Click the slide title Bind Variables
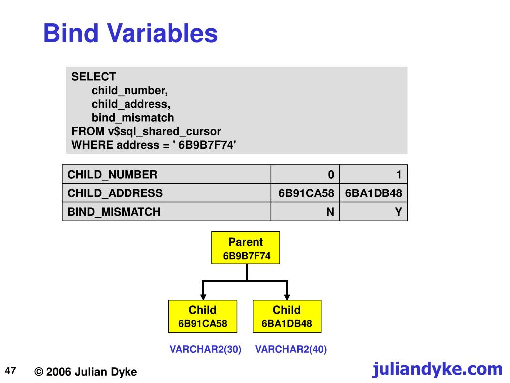(130, 34)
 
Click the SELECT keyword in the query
(93, 77)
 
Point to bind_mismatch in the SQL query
(132, 118)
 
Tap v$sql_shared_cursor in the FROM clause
(164, 131)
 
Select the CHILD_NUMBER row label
(112, 174)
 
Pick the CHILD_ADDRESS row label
(115, 193)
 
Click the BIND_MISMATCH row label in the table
(114, 212)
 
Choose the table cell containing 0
(305, 174)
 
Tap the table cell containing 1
(374, 174)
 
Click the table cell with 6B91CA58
(305, 193)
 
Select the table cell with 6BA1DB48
(374, 193)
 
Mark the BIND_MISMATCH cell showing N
(305, 212)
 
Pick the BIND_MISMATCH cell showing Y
(374, 212)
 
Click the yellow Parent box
(246, 248)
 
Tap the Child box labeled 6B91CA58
(203, 316)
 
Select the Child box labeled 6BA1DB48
(287, 316)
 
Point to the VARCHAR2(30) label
(205, 349)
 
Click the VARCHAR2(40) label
(291, 349)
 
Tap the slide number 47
(11, 371)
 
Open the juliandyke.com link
(437, 369)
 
